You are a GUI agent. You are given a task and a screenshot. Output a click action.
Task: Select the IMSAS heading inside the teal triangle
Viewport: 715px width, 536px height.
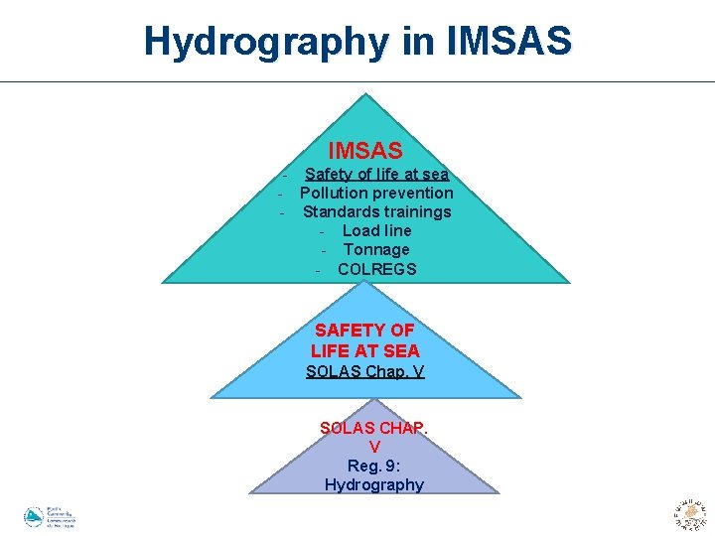(365, 151)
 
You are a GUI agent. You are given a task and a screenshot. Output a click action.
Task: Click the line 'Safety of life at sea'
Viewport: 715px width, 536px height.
(376, 175)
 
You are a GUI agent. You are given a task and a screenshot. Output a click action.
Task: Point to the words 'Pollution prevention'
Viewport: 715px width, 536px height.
(376, 194)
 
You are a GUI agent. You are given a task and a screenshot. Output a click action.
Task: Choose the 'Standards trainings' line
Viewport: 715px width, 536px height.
(376, 212)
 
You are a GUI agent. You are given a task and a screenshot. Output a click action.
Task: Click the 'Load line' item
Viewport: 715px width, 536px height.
(376, 231)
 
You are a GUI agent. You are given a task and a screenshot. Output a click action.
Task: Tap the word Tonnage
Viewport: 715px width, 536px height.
(376, 250)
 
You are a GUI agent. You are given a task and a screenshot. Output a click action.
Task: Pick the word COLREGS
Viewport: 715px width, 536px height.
(376, 269)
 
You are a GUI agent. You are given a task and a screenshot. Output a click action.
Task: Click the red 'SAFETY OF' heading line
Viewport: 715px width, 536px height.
(364, 330)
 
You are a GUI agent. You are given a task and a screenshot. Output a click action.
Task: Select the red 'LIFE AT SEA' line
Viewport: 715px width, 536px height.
(364, 350)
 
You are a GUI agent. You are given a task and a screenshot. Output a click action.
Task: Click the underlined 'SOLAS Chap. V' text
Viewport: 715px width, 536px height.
(364, 372)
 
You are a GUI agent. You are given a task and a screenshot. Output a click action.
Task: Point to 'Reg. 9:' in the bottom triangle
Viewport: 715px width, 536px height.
(373, 466)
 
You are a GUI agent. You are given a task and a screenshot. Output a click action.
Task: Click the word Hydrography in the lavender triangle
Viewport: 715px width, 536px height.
(373, 484)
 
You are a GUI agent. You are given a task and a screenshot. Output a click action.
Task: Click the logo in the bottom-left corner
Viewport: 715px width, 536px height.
(49, 517)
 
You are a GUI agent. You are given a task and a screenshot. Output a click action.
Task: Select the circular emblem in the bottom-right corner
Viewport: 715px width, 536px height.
(689, 513)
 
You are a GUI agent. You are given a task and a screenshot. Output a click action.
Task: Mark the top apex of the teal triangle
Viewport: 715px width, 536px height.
(367, 94)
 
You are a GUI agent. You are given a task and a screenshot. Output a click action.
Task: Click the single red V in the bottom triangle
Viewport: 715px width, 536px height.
(374, 448)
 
